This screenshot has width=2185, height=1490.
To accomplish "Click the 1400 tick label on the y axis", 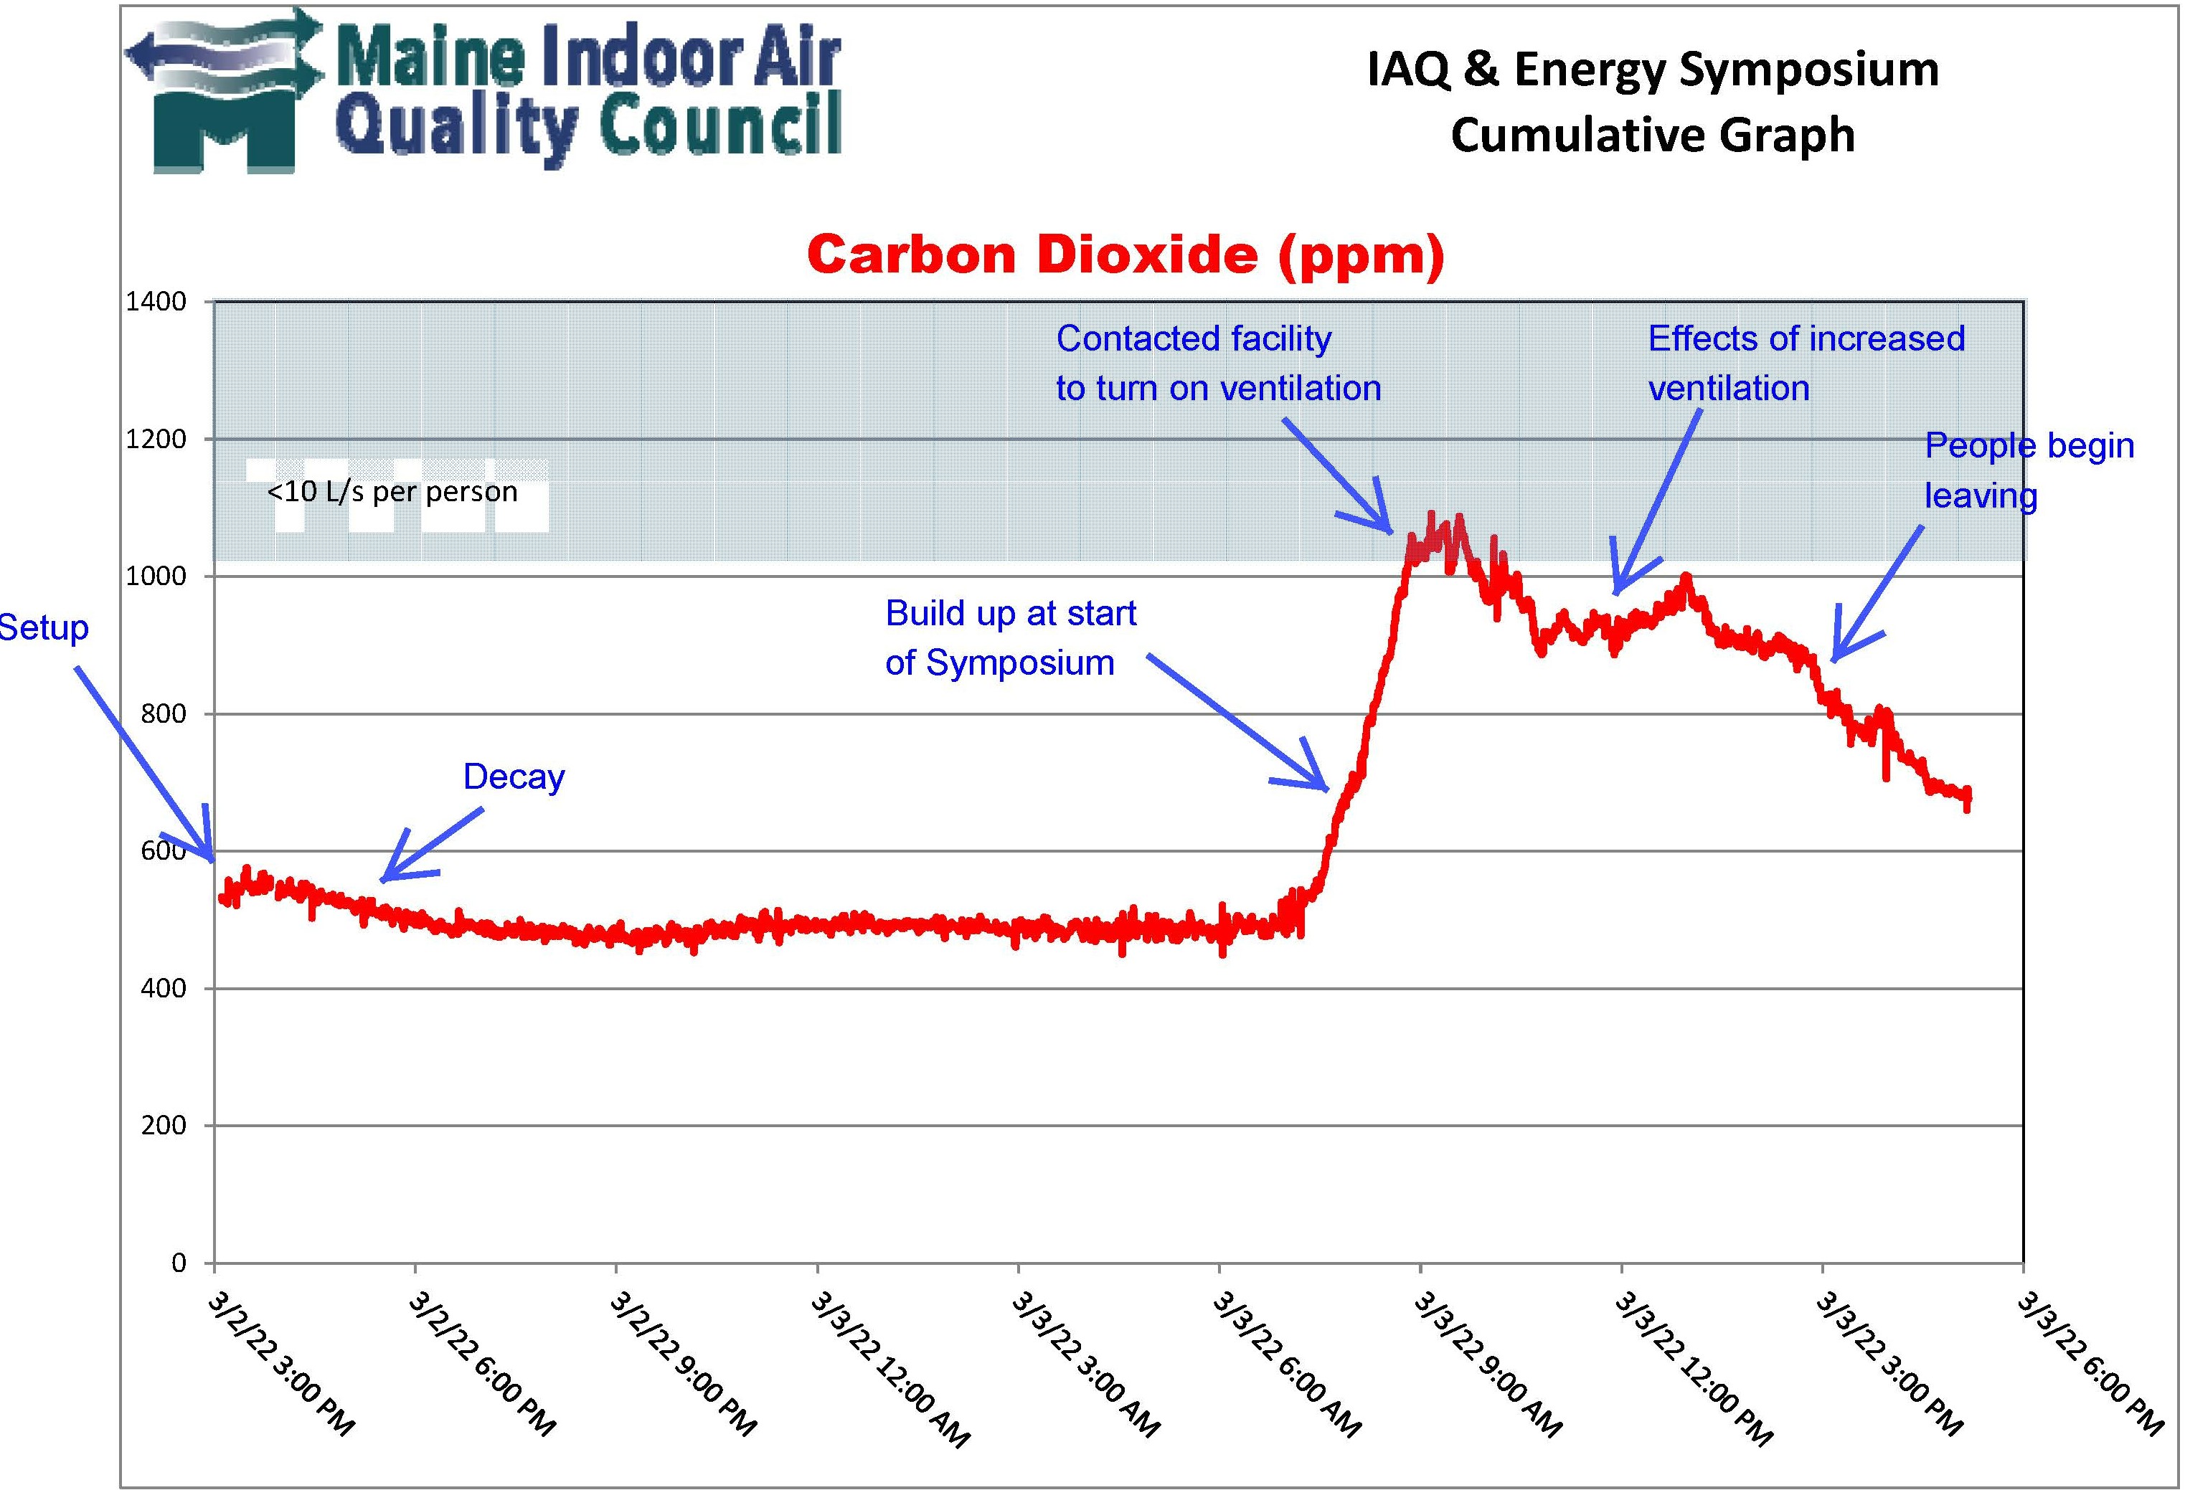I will tap(156, 302).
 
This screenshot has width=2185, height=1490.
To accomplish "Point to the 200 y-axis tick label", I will tap(164, 1125).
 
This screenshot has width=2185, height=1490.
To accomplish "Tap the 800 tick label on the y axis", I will tap(164, 713).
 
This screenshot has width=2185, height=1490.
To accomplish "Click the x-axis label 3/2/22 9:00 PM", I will tap(683, 1363).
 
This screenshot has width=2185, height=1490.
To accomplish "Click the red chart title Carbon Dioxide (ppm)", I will tap(1125, 254).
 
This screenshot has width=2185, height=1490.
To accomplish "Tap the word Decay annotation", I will tap(514, 777).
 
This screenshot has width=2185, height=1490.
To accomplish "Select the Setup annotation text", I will tap(42, 627).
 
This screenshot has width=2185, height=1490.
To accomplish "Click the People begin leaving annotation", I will tap(2028, 470).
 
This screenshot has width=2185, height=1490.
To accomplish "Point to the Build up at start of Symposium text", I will tap(1011, 637).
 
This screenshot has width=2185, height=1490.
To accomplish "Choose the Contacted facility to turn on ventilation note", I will tap(1217, 363).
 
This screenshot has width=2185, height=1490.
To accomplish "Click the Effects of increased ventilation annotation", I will tap(1805, 363).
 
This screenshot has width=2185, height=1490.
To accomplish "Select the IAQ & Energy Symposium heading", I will tap(1652, 70).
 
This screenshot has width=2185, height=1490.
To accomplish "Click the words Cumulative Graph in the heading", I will tap(1652, 134).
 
